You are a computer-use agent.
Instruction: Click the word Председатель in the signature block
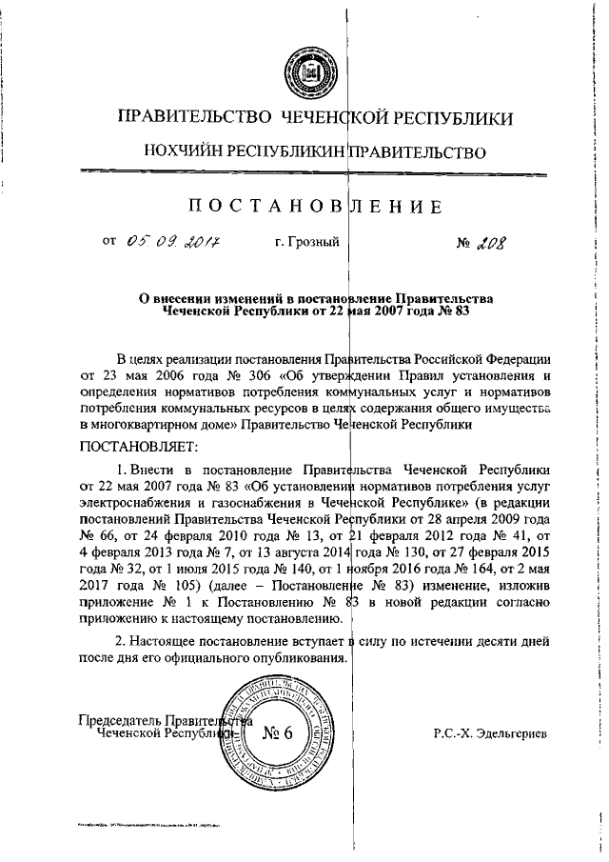(119, 721)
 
